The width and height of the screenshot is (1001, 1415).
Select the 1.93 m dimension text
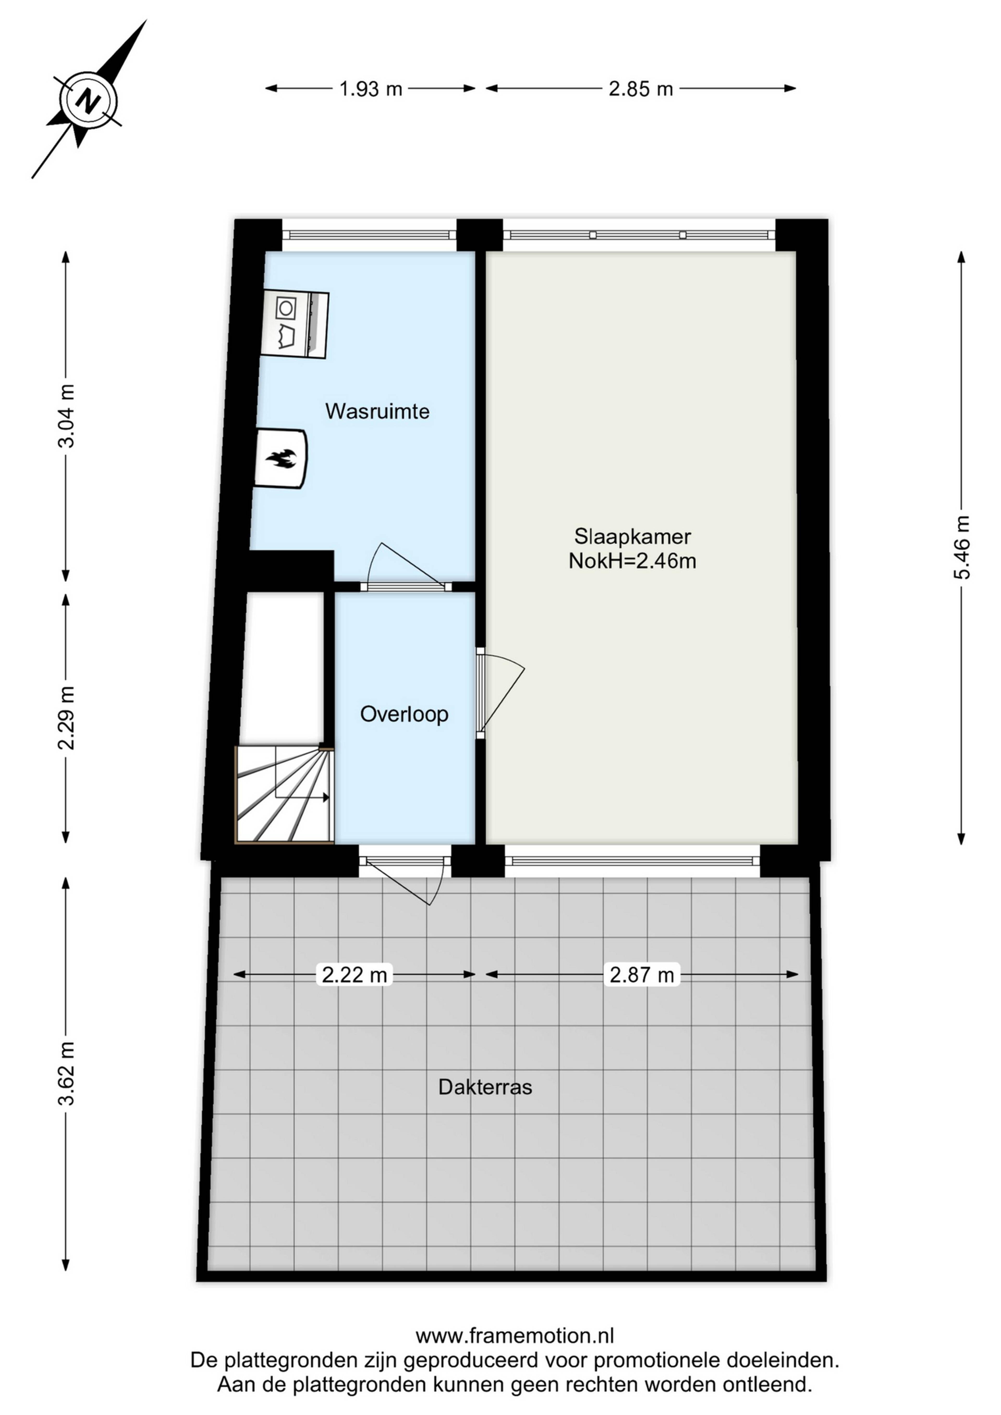tap(370, 89)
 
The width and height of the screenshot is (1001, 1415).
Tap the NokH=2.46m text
tap(632, 561)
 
